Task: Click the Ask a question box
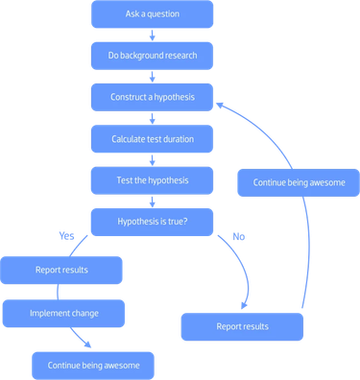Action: point(152,14)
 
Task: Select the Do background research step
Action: point(152,56)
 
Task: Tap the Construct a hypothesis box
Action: point(152,97)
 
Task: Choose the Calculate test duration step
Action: point(152,139)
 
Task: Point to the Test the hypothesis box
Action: point(152,180)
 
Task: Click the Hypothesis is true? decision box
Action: point(152,222)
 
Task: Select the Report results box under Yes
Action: point(61,270)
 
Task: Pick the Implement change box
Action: point(63,313)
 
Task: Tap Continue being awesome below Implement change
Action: point(92,365)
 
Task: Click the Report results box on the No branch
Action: point(242,326)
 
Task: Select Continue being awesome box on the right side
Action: point(298,181)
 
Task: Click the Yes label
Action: point(66,235)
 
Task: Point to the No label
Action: point(239,236)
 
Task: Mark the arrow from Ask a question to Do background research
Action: point(152,35)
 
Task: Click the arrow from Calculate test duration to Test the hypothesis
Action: point(152,159)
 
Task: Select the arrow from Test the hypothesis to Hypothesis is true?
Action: point(152,201)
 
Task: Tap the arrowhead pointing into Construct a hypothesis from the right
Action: point(220,102)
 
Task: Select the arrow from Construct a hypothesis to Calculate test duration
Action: point(152,118)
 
